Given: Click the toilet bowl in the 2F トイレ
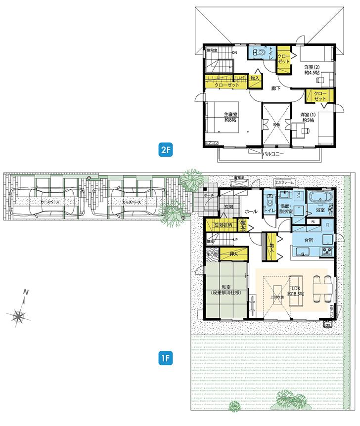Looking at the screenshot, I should [257, 52].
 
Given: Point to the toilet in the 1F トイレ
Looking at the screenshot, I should [270, 202].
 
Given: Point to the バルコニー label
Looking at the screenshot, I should [273, 154].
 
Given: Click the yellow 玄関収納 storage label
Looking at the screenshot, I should [223, 225].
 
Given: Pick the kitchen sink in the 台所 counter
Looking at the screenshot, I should [300, 253].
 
